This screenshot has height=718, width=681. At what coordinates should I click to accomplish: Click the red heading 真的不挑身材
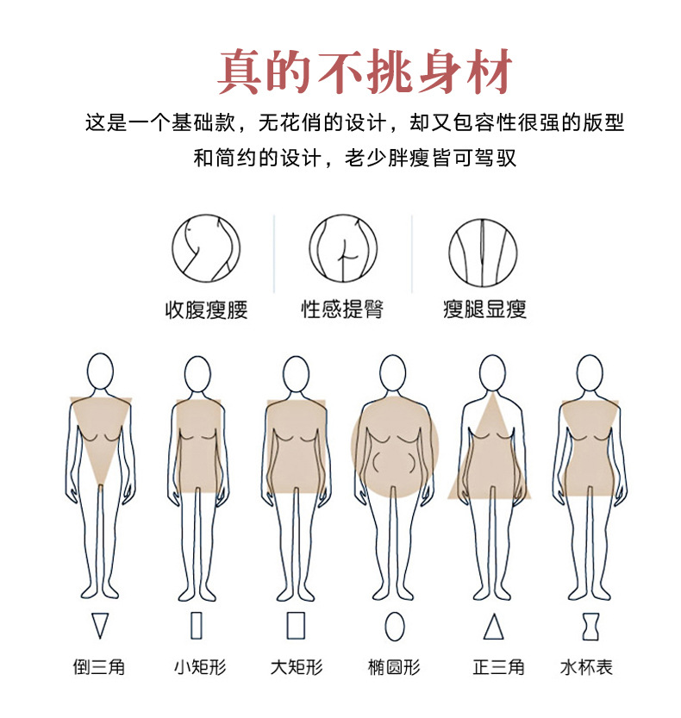(x=365, y=72)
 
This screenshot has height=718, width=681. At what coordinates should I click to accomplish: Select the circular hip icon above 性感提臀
(x=343, y=249)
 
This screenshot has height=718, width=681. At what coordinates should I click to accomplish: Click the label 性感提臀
(x=342, y=309)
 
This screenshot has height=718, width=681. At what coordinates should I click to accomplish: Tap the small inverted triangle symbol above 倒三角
(x=101, y=625)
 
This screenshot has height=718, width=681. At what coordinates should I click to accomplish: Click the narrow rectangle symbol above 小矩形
(x=197, y=625)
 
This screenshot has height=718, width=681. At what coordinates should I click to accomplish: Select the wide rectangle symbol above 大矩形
(x=296, y=625)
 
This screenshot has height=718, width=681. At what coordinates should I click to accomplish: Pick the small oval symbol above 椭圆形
(x=394, y=626)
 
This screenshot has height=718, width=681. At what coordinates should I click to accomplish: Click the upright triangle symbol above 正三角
(x=493, y=626)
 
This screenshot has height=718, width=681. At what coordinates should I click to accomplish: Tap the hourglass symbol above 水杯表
(x=590, y=626)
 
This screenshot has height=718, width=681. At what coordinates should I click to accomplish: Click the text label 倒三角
(x=99, y=667)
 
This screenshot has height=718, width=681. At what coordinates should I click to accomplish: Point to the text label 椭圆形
(x=394, y=667)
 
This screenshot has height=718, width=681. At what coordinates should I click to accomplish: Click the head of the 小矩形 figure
(x=197, y=373)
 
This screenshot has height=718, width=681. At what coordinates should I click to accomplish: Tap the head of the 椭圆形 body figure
(x=394, y=373)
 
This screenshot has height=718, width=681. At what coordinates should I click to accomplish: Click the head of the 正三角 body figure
(x=492, y=373)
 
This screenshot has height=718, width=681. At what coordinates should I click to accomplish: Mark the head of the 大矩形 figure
(x=296, y=373)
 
